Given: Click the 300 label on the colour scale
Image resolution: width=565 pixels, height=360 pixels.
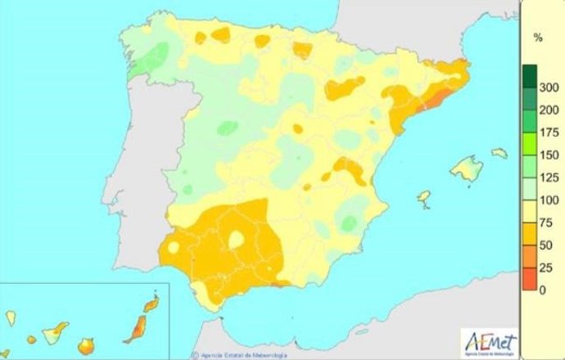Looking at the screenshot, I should pos(549,88).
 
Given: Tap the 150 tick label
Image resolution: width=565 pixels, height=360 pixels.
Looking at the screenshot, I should pos(549,155).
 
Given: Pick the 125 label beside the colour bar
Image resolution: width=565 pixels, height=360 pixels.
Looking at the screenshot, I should pos(549,178).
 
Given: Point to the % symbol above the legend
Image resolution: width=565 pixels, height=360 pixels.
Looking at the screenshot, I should pos(538,38).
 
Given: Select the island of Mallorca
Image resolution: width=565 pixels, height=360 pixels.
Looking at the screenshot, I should pos(468,169).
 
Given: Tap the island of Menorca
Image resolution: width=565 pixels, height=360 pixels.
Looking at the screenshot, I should pos(499,152).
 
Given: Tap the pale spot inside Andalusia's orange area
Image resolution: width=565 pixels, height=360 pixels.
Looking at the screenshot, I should pos(237,240).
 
